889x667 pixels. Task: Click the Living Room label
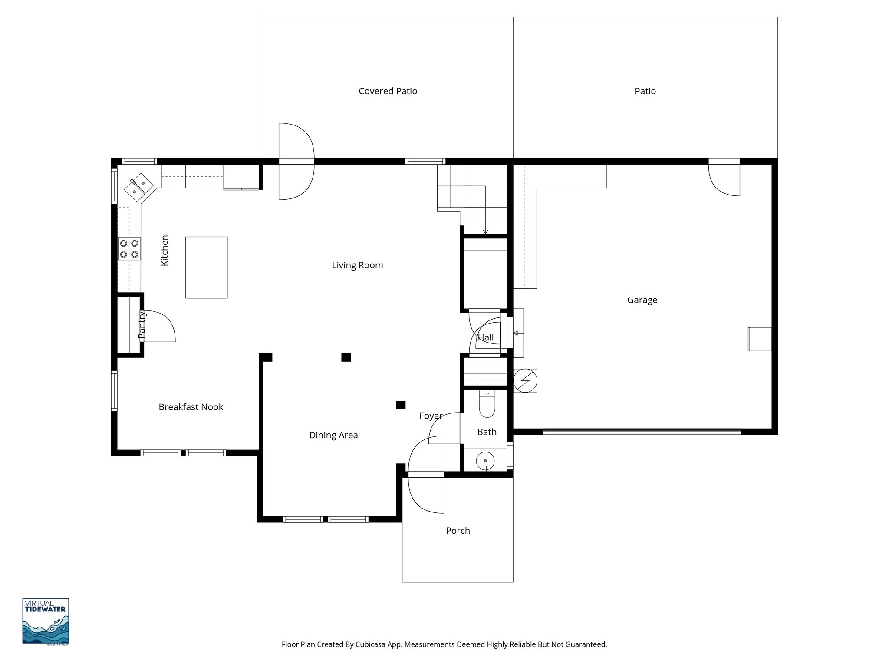357,265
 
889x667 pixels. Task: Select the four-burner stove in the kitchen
129,249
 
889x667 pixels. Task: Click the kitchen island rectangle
206,267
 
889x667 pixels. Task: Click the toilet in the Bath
487,404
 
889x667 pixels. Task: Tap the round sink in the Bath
485,460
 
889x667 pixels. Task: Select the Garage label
642,300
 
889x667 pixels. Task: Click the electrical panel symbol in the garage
525,381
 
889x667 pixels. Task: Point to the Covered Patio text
388,91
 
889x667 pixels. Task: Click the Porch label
458,531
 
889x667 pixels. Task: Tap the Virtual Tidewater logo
46,621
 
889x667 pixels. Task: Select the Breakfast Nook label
191,407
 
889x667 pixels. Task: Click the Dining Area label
333,435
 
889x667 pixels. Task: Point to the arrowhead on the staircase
485,232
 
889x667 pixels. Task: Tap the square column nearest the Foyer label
401,405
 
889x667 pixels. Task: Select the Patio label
645,91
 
